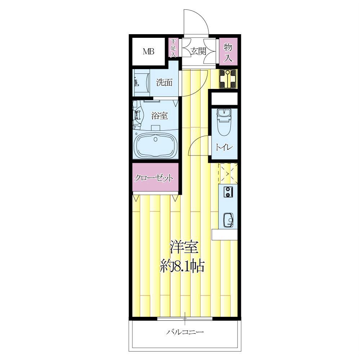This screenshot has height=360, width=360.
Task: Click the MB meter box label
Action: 149,51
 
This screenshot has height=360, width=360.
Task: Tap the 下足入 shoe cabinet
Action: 174,48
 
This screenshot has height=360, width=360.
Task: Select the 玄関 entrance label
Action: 198,51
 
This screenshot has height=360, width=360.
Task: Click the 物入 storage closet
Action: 228,51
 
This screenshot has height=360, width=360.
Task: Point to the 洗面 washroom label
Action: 164,82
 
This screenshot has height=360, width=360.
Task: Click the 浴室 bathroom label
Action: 159,116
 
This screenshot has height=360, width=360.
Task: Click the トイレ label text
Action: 224,147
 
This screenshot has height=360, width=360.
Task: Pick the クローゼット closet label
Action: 154,178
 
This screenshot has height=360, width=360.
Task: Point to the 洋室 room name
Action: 184,247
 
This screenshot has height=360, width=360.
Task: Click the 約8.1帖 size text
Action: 182,266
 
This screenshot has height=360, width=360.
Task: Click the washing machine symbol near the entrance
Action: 228,79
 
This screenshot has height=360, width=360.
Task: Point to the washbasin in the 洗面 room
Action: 141,82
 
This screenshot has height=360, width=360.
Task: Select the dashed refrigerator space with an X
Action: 228,174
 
